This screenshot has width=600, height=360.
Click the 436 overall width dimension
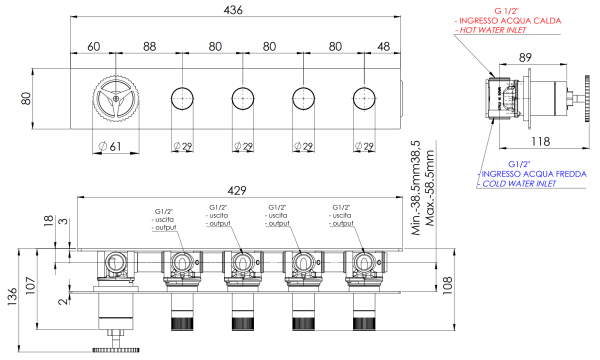(233, 10)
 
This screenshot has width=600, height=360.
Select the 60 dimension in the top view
(93, 47)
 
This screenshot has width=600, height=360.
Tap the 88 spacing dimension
(149, 47)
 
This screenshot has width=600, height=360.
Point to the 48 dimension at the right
(383, 47)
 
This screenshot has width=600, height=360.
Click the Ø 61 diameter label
(110, 146)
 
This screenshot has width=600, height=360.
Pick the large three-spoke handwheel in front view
(116, 99)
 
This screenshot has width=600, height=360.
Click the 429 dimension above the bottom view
(237, 191)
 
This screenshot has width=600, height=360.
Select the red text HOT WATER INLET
(493, 30)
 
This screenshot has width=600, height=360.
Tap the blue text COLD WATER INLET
(518, 184)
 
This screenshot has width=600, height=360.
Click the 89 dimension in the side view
(525, 57)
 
